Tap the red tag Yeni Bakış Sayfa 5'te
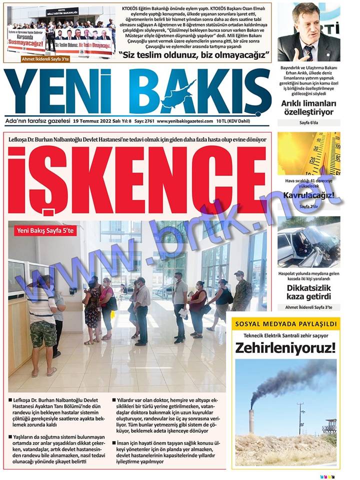click(x=45, y=230)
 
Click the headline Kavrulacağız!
click(x=308, y=195)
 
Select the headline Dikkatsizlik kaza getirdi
click(x=308, y=292)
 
